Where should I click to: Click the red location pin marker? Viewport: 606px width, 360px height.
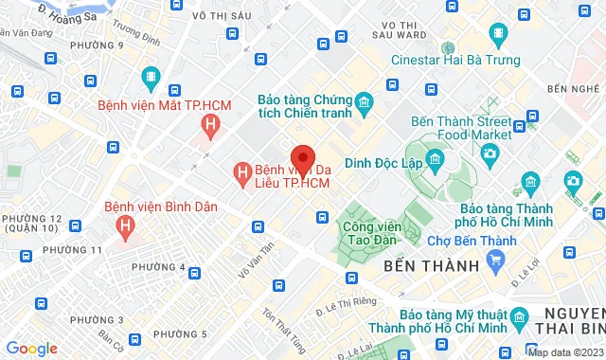[302, 157]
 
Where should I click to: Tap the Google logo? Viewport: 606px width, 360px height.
[31, 349]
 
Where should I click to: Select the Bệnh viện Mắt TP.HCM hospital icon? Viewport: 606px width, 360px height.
[212, 122]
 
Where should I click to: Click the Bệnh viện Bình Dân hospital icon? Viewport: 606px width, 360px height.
[124, 225]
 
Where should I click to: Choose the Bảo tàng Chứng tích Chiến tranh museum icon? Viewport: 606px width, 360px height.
[364, 100]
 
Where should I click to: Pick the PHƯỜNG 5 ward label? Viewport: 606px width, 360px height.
[179, 333]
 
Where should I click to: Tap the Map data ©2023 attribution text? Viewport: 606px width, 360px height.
[565, 352]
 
